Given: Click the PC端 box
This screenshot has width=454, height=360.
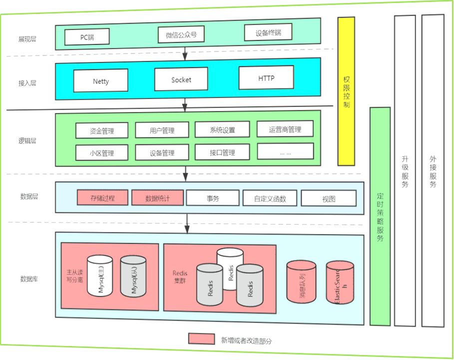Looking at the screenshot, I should click(87, 36).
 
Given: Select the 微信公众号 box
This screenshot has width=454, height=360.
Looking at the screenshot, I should click(181, 35).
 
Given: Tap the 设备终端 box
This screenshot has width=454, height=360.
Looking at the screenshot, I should click(268, 32).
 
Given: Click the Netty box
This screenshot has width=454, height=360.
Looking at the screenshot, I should click(101, 81).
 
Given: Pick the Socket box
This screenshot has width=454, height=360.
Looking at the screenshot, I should click(181, 79).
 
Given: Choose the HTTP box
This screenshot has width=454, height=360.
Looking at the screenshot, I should click(266, 78).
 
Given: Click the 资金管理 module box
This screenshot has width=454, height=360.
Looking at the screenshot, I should click(102, 131).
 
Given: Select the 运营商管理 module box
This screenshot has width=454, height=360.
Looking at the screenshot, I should click(285, 129).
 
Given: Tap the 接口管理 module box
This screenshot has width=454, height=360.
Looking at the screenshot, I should click(222, 152).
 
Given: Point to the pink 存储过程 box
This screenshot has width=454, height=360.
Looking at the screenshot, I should click(103, 197).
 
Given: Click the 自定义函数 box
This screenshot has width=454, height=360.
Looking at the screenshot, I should click(270, 198).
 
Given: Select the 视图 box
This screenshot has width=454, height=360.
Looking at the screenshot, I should click(329, 198).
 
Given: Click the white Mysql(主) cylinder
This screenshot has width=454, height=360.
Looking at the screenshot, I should click(100, 276).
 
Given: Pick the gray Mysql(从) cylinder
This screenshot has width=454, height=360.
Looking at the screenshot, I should click(133, 276).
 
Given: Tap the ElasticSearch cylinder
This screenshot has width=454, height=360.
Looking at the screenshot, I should click(340, 282).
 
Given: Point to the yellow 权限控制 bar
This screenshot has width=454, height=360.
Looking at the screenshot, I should click(346, 91).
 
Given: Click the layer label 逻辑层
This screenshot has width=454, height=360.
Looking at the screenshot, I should click(27, 141).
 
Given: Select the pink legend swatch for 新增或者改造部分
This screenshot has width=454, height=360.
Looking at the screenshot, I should click(201, 338).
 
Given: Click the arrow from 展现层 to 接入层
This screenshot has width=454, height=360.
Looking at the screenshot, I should click(185, 52).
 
